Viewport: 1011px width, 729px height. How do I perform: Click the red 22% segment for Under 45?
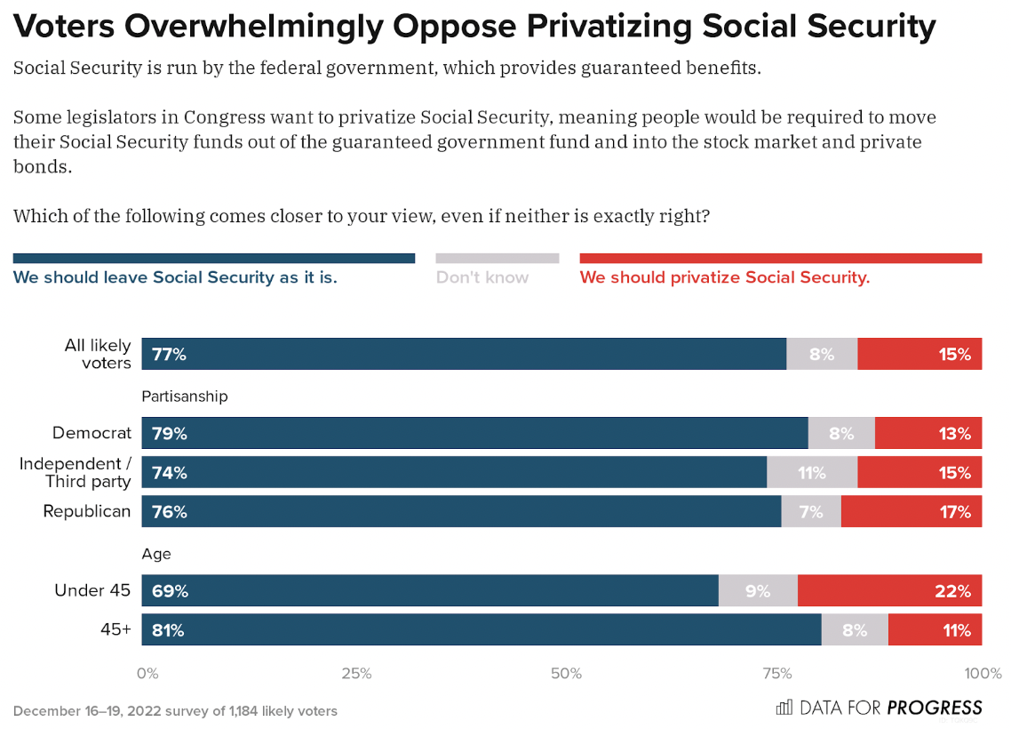pyautogui.click(x=889, y=590)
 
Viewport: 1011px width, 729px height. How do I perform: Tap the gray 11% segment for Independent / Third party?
pyautogui.click(x=812, y=472)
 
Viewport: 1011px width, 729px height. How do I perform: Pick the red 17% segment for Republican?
pyautogui.click(x=911, y=511)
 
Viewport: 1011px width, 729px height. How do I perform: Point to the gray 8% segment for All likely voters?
pyautogui.click(x=822, y=354)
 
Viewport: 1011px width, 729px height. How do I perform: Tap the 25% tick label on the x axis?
pyautogui.click(x=356, y=673)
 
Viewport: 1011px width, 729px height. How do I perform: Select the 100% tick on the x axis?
pyautogui.click(x=983, y=673)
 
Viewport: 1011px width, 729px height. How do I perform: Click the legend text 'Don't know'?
pyautogui.click(x=482, y=277)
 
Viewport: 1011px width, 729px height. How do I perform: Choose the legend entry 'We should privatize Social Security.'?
pyautogui.click(x=724, y=277)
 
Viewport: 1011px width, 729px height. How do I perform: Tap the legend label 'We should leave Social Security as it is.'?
pyautogui.click(x=175, y=277)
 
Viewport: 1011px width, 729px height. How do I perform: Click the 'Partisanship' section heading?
pyautogui.click(x=185, y=397)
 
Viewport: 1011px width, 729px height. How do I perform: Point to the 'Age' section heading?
pyautogui.click(x=156, y=554)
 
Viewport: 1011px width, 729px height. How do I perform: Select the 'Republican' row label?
pyautogui.click(x=87, y=511)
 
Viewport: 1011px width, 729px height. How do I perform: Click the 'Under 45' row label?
pyautogui.click(x=92, y=590)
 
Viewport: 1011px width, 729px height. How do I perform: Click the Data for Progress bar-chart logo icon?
pyautogui.click(x=784, y=708)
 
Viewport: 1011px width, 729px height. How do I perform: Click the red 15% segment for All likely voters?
pyautogui.click(x=919, y=354)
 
